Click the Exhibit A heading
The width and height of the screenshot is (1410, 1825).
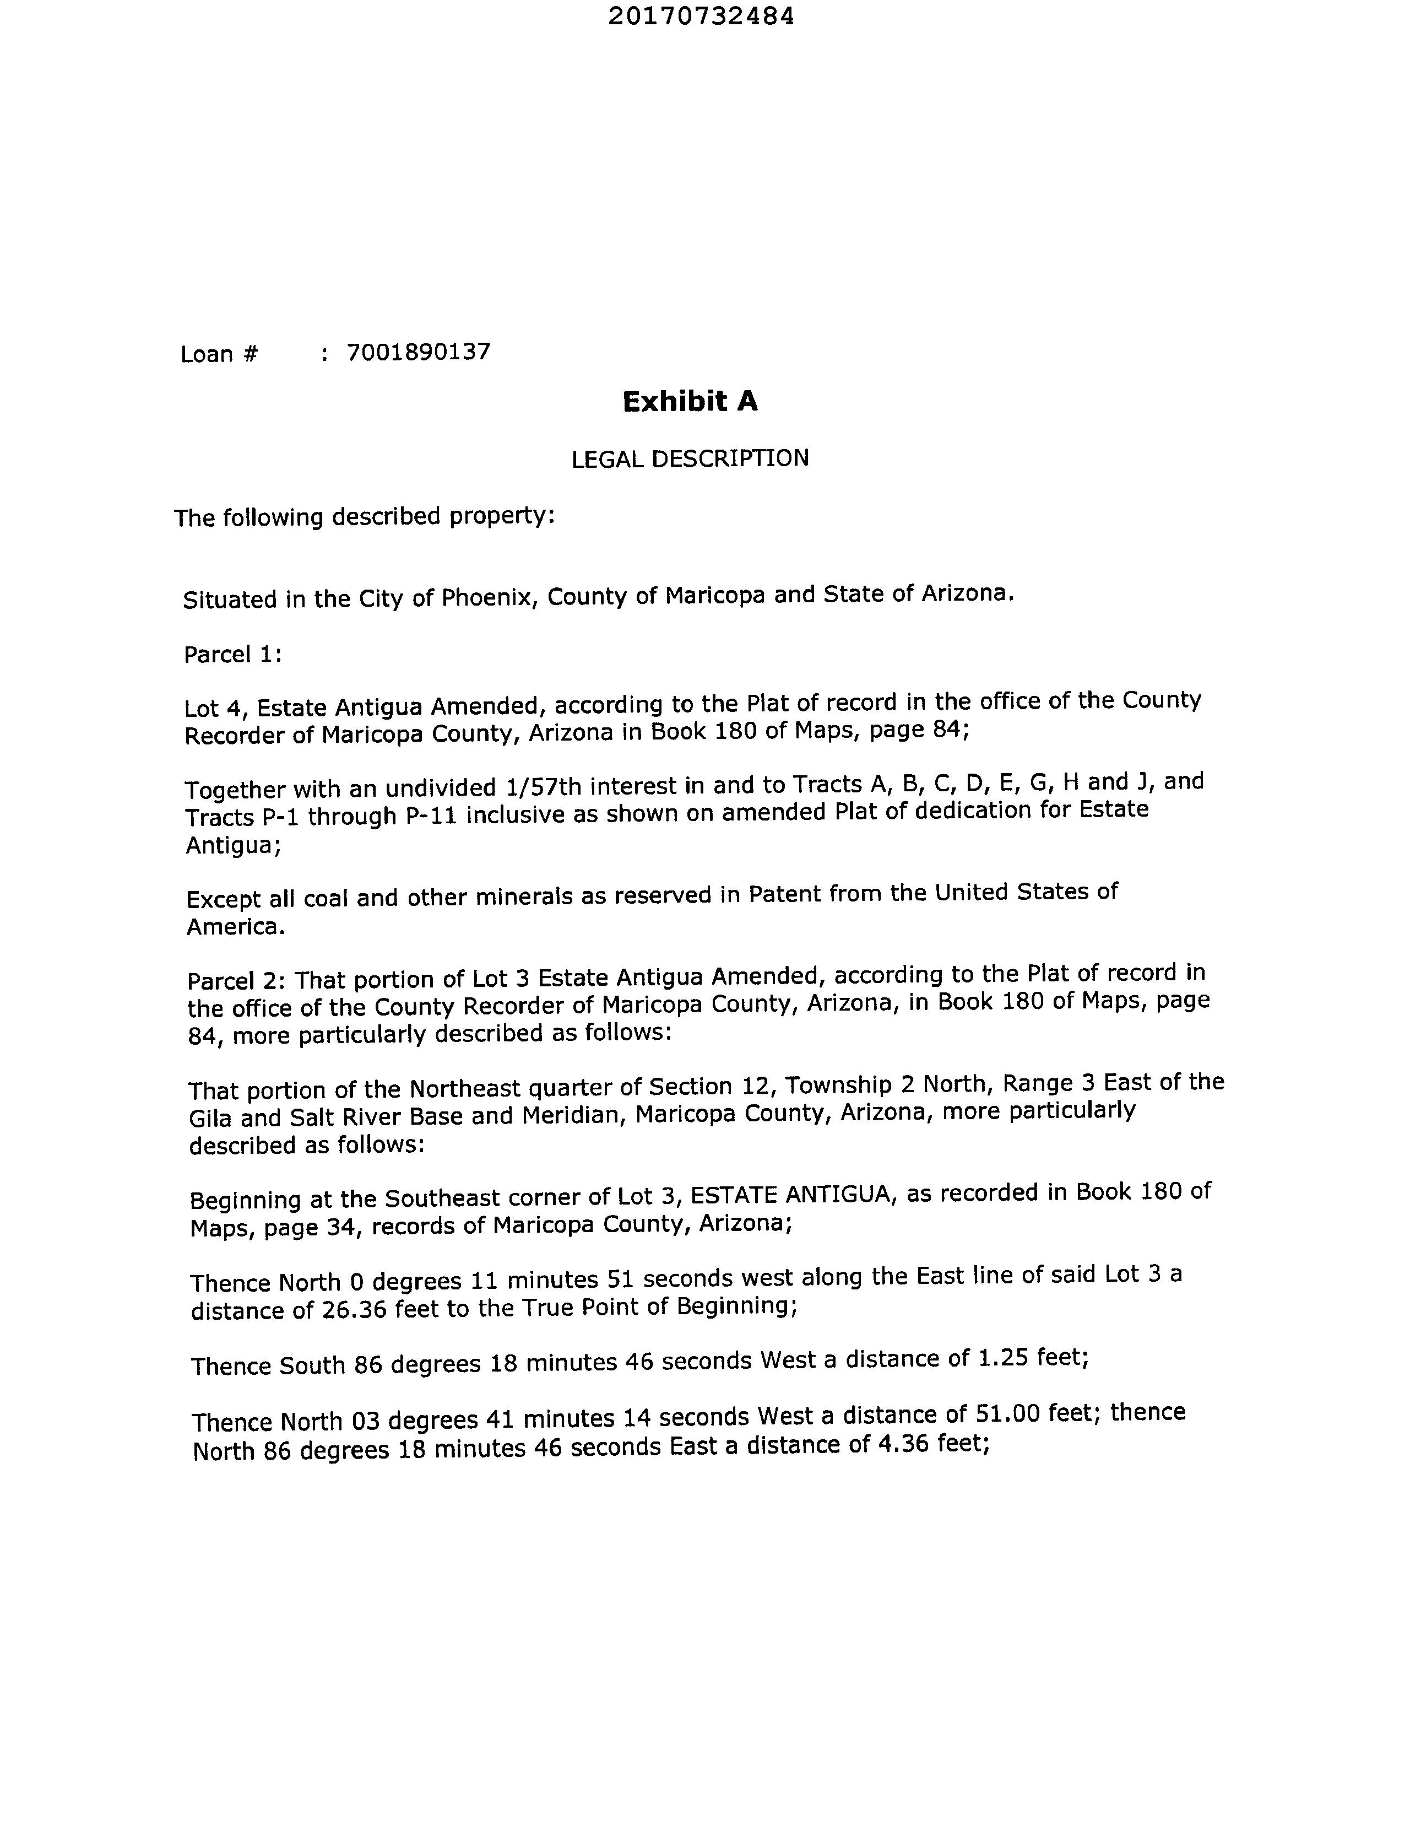click(690, 402)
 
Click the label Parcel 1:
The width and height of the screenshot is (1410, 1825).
click(233, 654)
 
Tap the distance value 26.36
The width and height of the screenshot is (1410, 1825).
click(354, 1309)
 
